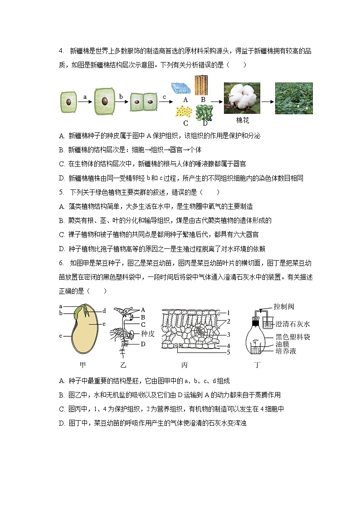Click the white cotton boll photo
coord(242,98)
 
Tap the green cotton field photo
coord(294,98)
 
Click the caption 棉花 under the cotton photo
coord(243,121)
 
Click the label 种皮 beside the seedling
coord(148,333)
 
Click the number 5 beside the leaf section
coord(229,352)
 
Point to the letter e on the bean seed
coord(104,324)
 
